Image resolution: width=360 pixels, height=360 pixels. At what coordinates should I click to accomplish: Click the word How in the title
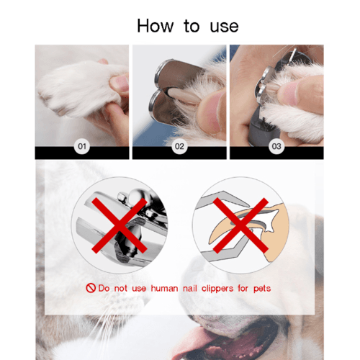[155, 26]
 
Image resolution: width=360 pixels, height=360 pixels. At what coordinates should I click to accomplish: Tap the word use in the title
[224, 27]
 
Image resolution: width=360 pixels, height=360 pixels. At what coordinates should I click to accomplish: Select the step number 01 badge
[82, 146]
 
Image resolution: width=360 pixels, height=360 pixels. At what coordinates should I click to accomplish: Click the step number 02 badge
[179, 146]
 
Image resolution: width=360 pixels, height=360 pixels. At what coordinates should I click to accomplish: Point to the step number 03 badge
[276, 146]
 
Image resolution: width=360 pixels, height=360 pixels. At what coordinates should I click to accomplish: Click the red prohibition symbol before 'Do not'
[91, 288]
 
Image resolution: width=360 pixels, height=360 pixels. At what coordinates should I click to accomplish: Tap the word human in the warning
[164, 288]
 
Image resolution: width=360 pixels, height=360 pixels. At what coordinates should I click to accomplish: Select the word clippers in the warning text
[217, 289]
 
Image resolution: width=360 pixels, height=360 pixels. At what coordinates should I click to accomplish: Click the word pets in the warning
[262, 289]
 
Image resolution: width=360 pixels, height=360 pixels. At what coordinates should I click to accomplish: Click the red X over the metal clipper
[120, 225]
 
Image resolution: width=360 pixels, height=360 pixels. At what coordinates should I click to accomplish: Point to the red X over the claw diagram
[240, 225]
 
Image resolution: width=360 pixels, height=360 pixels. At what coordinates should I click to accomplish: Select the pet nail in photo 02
[184, 96]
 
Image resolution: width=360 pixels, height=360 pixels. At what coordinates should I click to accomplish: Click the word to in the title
[192, 27]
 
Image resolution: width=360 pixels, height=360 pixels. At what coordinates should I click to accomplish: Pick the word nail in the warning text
[190, 288]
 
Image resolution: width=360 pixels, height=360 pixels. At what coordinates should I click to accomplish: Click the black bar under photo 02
[179, 153]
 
